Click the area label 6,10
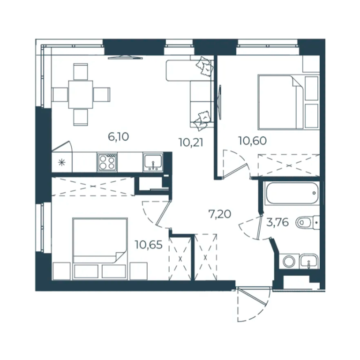118,137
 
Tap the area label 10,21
191,143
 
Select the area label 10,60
253,141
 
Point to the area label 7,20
220,214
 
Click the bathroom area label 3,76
277,223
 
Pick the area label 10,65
149,245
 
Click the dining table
81,94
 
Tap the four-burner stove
107,162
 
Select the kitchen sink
153,162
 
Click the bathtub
292,193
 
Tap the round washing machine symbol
289,261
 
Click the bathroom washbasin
309,261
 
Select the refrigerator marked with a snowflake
62,163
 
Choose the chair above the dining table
81,72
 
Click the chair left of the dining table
60,94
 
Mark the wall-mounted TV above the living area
125,57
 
